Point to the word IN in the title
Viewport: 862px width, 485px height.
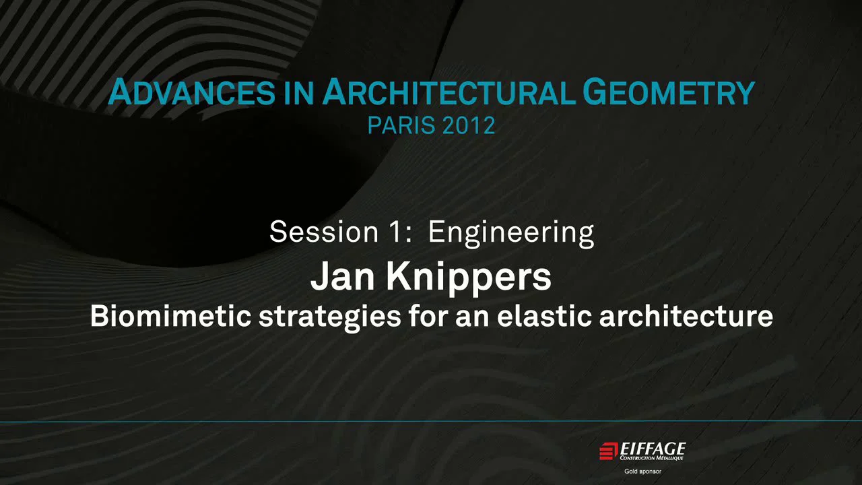[x=298, y=93]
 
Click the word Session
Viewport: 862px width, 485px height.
[x=315, y=232]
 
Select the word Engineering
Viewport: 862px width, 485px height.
[x=511, y=232]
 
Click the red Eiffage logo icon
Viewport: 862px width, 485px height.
[x=608, y=450]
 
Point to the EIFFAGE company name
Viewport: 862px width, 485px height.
[x=652, y=448]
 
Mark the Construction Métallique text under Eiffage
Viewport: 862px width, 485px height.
[x=652, y=458]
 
